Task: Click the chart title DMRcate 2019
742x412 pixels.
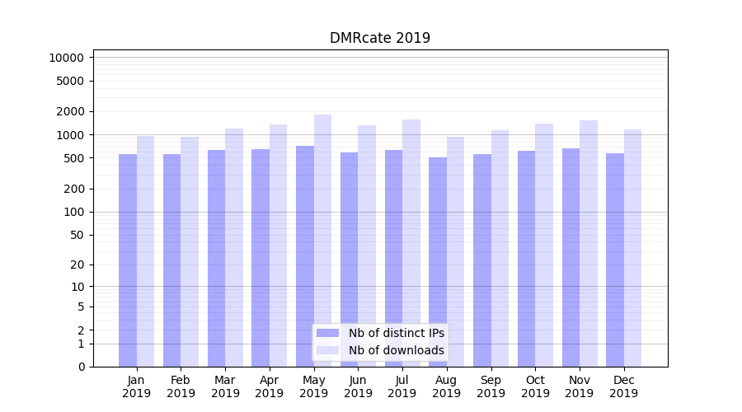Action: click(x=379, y=38)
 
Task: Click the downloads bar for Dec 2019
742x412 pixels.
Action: click(x=632, y=247)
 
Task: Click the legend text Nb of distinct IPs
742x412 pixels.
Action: click(x=397, y=333)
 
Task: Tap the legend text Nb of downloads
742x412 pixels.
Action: click(x=397, y=350)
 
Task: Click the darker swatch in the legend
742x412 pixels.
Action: click(x=328, y=333)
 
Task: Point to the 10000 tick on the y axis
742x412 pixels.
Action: click(x=66, y=58)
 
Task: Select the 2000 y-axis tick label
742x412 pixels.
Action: click(x=69, y=111)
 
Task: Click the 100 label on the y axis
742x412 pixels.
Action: click(x=73, y=212)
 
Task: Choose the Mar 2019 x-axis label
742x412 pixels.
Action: click(x=225, y=386)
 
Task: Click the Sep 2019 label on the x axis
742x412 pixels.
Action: click(x=491, y=386)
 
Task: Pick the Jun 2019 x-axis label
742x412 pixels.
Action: click(x=358, y=386)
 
